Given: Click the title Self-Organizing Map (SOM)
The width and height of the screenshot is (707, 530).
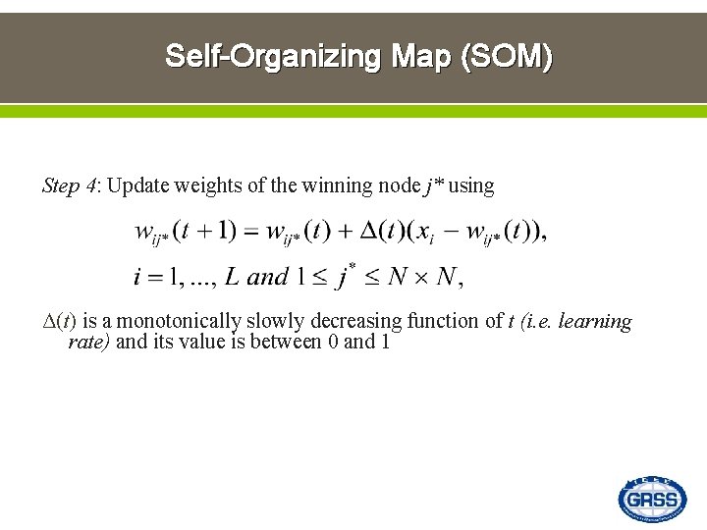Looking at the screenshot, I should coord(358,56).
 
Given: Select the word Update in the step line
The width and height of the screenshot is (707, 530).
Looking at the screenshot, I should coord(137,185).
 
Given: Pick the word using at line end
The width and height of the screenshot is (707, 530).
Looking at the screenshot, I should coord(471,185).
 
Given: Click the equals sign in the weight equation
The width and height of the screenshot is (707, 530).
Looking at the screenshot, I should coord(249,233).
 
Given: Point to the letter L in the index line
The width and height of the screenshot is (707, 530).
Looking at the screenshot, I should coord(232,277).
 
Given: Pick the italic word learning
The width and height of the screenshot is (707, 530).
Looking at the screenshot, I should coord(595,322).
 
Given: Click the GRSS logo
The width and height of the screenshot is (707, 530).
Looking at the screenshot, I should coord(652,500).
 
